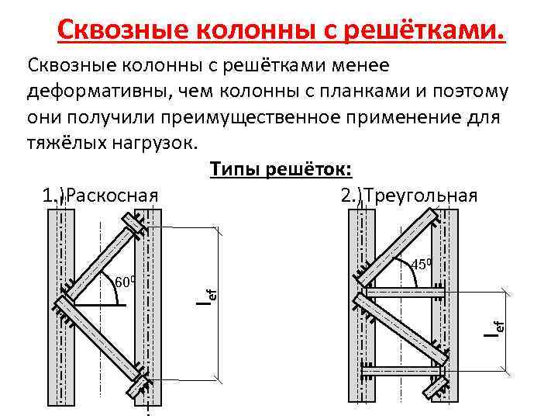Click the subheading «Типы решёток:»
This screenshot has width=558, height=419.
[x=281, y=169]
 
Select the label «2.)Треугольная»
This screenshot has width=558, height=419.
[x=409, y=194]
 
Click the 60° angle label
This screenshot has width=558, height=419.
[x=125, y=280]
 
